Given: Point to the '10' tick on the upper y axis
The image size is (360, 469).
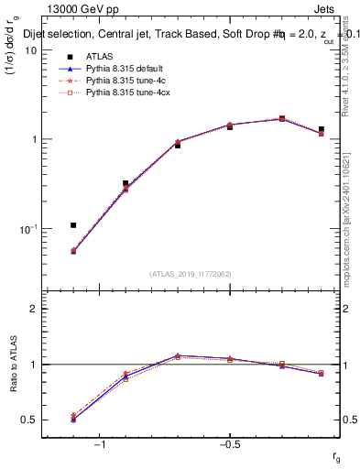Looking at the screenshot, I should coord(29,50).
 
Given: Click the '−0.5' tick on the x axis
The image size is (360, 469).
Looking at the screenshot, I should coord(228,445).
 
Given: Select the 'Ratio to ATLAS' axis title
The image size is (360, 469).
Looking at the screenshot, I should coord(11,364).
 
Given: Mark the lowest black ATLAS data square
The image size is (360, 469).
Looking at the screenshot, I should coord(73,225).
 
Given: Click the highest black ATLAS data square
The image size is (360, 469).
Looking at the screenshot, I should coord(282,119).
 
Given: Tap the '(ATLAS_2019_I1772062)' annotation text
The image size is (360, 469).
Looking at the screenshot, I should coord(191,273).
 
